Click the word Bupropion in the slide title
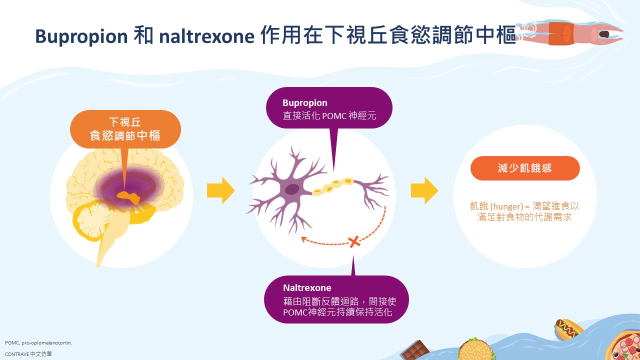81,36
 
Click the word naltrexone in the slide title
206,36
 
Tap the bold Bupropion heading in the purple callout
305,103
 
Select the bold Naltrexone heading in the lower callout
307,287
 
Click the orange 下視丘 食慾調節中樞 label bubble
125,129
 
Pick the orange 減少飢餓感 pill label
525,168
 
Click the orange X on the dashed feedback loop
354,241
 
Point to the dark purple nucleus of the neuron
291,189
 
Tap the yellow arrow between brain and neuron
221,190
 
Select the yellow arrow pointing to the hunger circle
424,190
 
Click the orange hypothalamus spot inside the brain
128,197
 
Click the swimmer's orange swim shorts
561,33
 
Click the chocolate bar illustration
415,350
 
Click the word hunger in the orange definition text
506,206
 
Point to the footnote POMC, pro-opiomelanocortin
38,342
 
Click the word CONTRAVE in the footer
17,354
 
